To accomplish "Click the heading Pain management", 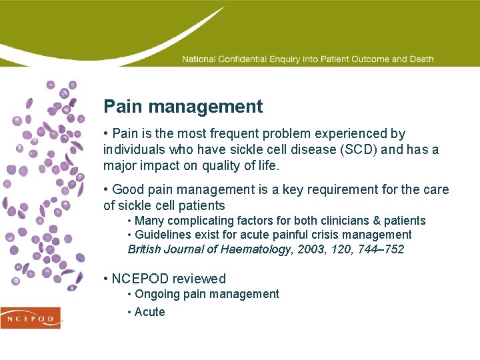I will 183,107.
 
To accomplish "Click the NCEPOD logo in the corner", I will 31,318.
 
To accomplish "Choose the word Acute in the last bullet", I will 149,312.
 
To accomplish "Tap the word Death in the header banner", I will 421,59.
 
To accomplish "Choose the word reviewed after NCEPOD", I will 201,279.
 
